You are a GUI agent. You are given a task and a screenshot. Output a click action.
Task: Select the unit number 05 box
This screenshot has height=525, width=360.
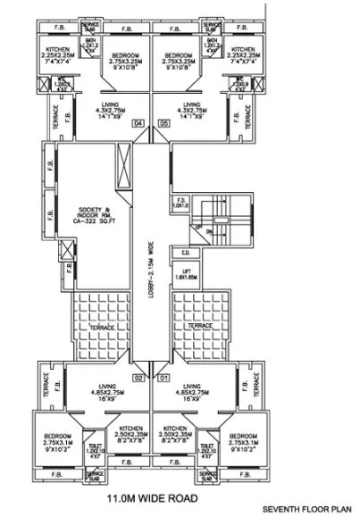[x=163, y=123]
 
